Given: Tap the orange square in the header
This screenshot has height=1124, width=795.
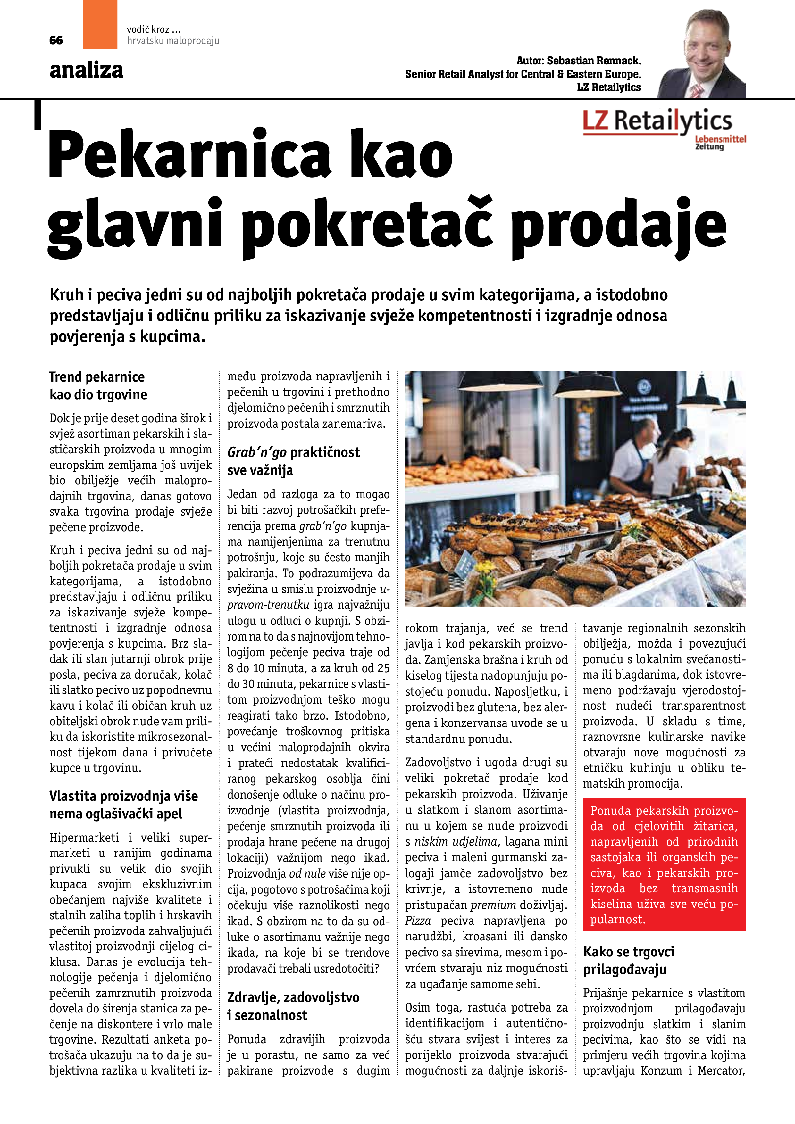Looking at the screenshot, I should pyautogui.click(x=100, y=24).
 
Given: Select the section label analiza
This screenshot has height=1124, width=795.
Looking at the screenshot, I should pyautogui.click(x=86, y=70).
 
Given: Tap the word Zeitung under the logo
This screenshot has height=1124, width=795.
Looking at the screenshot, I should pyautogui.click(x=709, y=146).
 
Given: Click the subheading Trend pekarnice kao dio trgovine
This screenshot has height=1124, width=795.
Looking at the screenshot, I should pyautogui.click(x=98, y=385).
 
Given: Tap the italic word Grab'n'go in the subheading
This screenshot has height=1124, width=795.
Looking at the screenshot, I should pyautogui.click(x=257, y=452).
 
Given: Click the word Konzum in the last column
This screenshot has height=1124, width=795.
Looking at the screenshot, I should pyautogui.click(x=661, y=1070).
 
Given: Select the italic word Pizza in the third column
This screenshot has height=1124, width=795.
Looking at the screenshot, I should pyautogui.click(x=418, y=921).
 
